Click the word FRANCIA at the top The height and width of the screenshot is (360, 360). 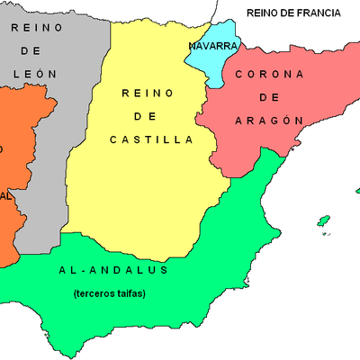tap(316, 13)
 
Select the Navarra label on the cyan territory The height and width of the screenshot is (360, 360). tap(213, 45)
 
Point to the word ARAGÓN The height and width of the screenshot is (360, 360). tap(266, 120)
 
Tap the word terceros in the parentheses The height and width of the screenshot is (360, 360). tap(94, 293)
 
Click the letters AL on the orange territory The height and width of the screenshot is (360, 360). tap(5, 195)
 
